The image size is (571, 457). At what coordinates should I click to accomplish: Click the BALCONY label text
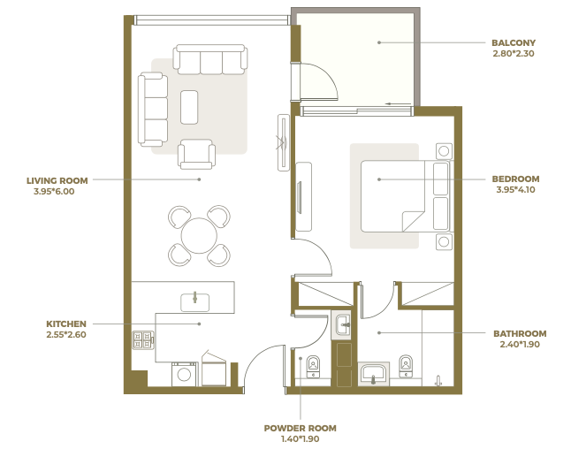[x=513, y=43]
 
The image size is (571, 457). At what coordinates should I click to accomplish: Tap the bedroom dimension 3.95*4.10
[x=515, y=190]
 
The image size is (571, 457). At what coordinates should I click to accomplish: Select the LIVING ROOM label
[x=57, y=181]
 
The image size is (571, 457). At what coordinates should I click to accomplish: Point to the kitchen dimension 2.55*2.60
[x=66, y=335]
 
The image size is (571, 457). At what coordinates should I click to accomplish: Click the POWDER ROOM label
[x=300, y=428]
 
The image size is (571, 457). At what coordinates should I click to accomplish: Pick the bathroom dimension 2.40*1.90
[x=520, y=345]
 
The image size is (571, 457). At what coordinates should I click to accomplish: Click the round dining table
[x=199, y=236]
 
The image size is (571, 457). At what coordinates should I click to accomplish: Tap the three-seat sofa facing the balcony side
[x=210, y=60]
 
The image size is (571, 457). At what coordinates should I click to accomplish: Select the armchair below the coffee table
[x=196, y=155]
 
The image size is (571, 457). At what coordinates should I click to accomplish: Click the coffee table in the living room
[x=189, y=108]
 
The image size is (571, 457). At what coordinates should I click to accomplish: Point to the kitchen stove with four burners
[x=143, y=340]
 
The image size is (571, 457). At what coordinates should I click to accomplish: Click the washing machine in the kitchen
[x=184, y=374]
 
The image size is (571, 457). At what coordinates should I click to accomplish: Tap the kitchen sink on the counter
[x=194, y=302]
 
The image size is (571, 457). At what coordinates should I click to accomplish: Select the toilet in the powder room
[x=313, y=367]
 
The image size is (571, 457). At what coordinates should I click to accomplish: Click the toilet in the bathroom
[x=406, y=366]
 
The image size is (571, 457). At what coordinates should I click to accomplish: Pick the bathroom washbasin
[x=373, y=374]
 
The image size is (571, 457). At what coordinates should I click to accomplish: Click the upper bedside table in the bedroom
[x=444, y=151]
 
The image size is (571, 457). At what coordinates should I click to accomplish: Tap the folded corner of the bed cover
[x=414, y=221]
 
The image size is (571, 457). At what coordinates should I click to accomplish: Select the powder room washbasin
[x=342, y=324]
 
